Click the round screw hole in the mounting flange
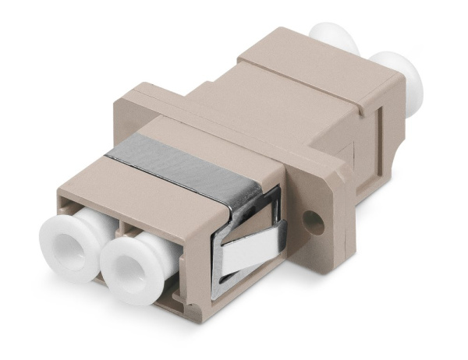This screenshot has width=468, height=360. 314,224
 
